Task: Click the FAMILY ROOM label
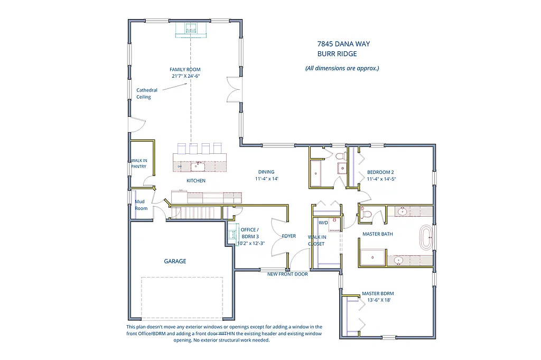pos(185,69)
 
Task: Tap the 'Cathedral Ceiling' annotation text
pos(146,94)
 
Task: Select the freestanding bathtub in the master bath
pos(426,238)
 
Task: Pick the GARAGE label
pos(175,261)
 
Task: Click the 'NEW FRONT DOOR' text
pos(287,274)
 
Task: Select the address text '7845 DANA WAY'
pos(343,44)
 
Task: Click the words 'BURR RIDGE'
pos(337,54)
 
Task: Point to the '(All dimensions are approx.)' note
pos(342,68)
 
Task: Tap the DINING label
pos(266,172)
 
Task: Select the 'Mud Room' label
pos(141,205)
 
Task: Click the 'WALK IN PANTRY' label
pos(138,163)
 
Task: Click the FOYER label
pos(289,236)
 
